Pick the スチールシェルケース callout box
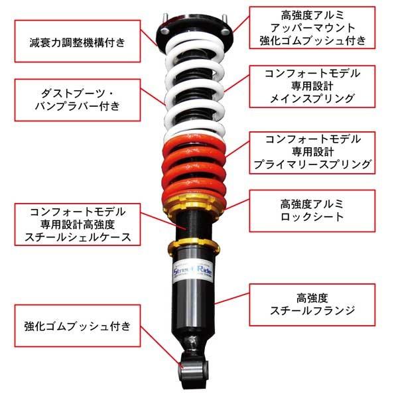click(x=78, y=224)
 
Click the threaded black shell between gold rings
click(x=194, y=226)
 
